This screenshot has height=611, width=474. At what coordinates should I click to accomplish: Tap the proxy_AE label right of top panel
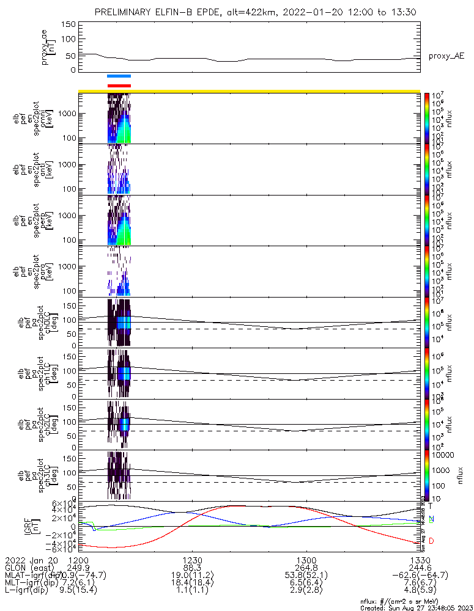pos(446,56)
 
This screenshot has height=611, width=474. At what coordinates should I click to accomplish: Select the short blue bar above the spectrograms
pos(119,76)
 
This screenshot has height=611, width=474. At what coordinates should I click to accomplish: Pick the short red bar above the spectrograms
pos(119,86)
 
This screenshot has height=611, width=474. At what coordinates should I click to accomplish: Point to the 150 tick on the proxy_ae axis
pos(69,24)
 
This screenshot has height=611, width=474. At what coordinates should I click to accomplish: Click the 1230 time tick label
pos(192,560)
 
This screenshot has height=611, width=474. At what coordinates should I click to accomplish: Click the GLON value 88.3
pos(192,568)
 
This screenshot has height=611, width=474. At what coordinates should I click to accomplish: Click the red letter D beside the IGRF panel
pos(431,541)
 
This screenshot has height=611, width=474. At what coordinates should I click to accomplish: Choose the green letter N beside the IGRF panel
pos(431,519)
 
